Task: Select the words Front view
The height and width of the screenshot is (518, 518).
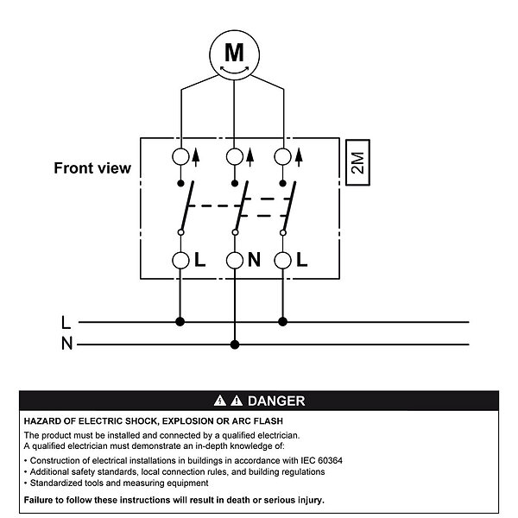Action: pyautogui.click(x=92, y=167)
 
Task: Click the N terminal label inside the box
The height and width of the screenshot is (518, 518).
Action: pyautogui.click(x=254, y=260)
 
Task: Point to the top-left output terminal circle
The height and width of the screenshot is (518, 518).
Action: pyautogui.click(x=180, y=157)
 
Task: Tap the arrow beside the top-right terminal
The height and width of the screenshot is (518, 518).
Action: pyautogui.click(x=299, y=156)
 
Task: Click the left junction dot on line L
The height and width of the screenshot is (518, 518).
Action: pyautogui.click(x=180, y=322)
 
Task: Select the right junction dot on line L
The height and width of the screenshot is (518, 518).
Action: pyautogui.click(x=283, y=322)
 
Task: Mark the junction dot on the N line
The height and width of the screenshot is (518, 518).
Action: pyautogui.click(x=234, y=344)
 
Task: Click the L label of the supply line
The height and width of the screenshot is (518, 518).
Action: pyautogui.click(x=66, y=323)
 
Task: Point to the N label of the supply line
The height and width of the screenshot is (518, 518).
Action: pyautogui.click(x=66, y=344)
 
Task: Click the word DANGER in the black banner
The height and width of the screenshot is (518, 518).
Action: pyautogui.click(x=275, y=401)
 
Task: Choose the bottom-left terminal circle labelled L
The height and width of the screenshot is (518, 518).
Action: pyautogui.click(x=180, y=260)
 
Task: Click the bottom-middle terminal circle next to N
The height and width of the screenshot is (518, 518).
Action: pyautogui.click(x=234, y=260)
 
